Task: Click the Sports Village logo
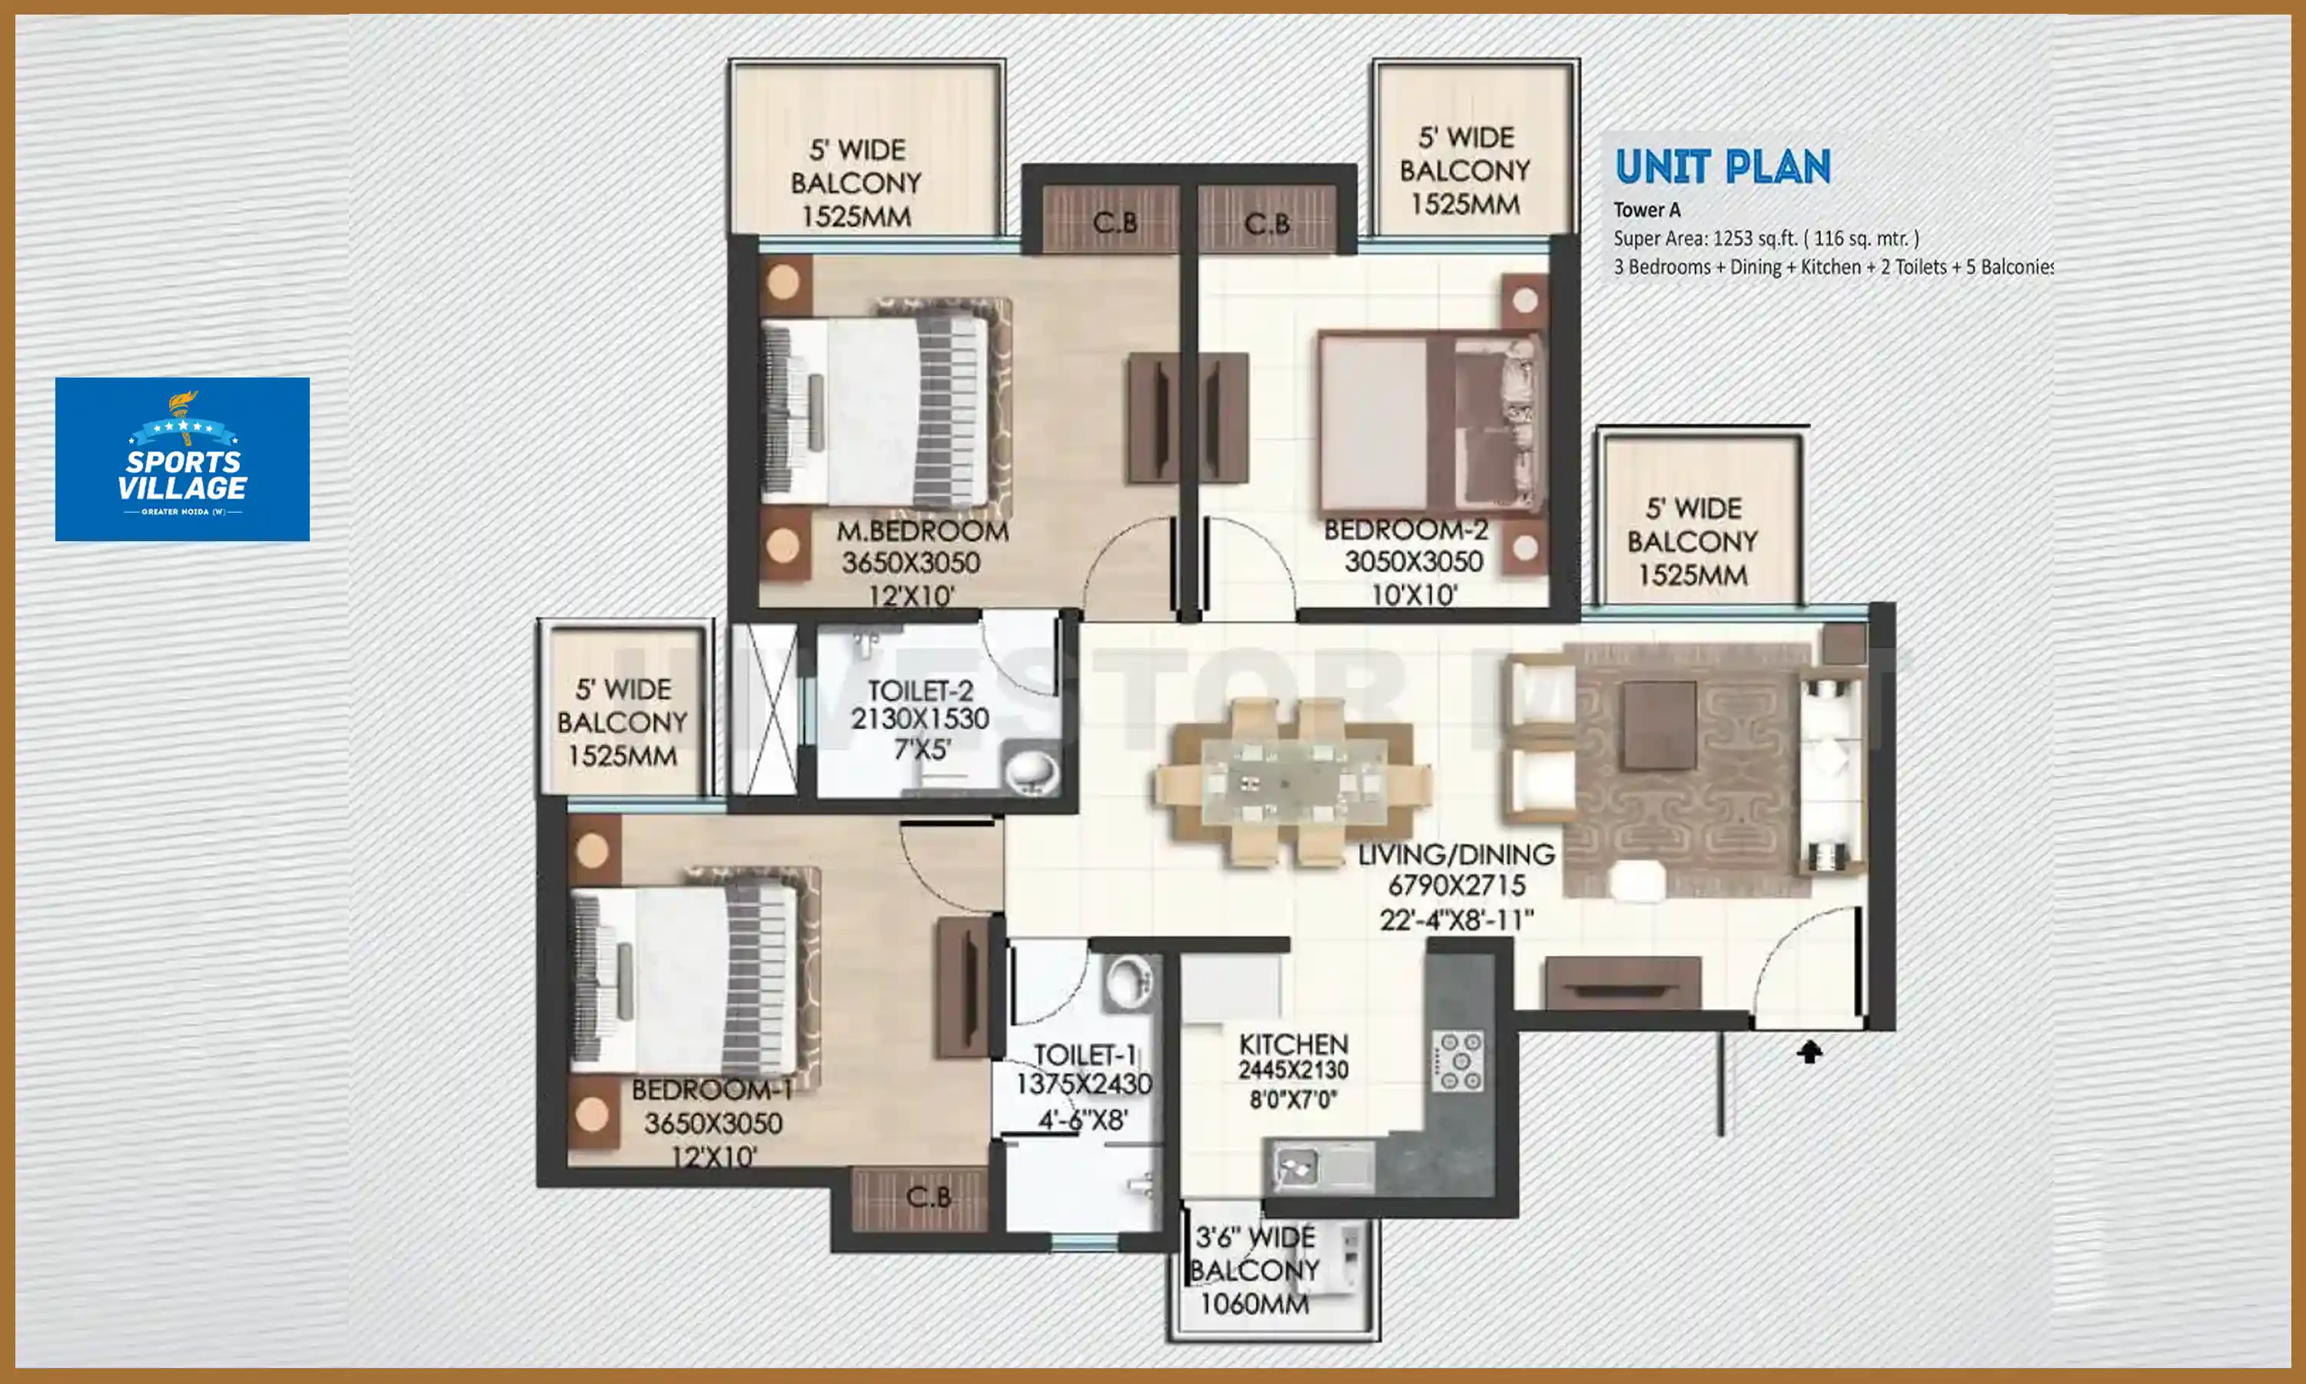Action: point(181,459)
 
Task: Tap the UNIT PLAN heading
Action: point(1722,168)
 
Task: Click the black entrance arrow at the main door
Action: point(1809,1052)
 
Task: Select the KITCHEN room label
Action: point(1293,1044)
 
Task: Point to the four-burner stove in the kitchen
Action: point(1459,1060)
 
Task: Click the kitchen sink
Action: point(1298,1166)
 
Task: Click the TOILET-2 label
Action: point(920,691)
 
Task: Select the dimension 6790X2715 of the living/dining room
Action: point(1457,886)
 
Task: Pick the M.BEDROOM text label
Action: point(922,531)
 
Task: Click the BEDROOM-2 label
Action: point(1406,530)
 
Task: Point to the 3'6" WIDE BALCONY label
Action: point(1254,1238)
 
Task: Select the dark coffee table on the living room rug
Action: point(1659,724)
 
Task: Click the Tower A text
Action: point(1646,210)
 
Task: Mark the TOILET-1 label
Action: point(1084,1055)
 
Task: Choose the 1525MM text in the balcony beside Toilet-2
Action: point(622,755)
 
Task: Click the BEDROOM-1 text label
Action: point(711,1090)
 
